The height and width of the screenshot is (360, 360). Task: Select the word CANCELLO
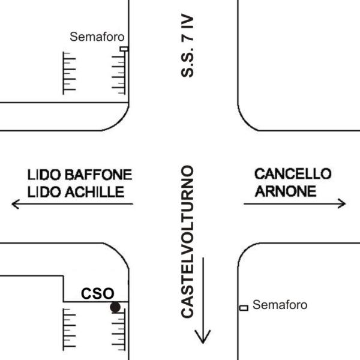pos(293,174)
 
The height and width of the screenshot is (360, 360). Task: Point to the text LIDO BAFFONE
pos(79,175)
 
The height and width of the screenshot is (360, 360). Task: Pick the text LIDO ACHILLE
pos(76,192)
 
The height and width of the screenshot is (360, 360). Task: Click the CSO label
pos(98,293)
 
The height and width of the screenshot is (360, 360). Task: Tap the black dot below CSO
pos(115,307)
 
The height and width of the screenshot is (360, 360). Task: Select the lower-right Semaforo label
pos(280,305)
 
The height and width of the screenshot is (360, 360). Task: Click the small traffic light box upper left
pos(124,49)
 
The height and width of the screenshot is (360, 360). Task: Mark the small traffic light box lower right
pos(244,308)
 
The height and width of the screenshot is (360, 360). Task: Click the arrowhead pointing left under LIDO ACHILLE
pos(16,205)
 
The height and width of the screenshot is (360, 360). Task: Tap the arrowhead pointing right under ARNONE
pos(341,203)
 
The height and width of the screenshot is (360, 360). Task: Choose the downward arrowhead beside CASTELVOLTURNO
pos(203,337)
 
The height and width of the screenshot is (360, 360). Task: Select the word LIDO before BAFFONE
pos(42,175)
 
